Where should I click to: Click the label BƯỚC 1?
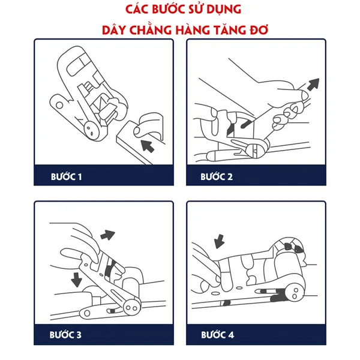point(66,177)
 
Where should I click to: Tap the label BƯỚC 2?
point(217,177)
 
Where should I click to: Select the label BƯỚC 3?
point(65,335)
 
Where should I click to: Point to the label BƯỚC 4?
point(217,335)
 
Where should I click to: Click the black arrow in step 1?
point(147,146)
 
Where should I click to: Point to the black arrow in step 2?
point(313,84)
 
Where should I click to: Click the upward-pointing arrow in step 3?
point(107,235)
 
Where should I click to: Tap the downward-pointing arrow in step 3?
point(76,280)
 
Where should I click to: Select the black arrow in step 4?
point(219,242)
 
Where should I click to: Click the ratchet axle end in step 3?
point(131,308)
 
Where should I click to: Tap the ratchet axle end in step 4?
point(295,293)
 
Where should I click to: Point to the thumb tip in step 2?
point(304,95)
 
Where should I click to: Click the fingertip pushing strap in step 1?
point(137,130)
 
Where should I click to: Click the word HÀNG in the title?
point(193,30)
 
